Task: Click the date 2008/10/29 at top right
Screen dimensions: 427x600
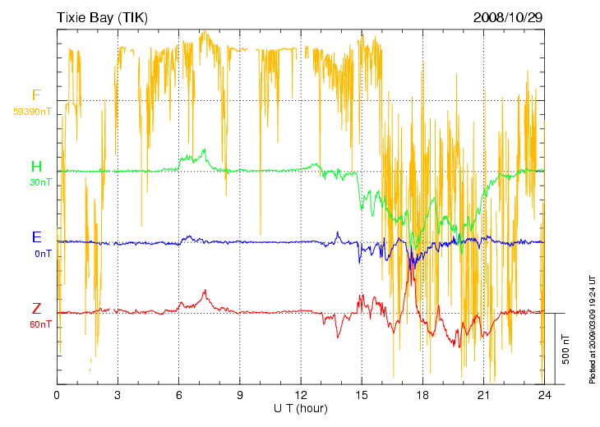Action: point(508,16)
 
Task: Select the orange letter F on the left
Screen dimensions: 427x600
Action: point(36,95)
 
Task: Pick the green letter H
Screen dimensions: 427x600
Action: point(36,168)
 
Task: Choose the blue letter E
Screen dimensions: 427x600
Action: point(36,238)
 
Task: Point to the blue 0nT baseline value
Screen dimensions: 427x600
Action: point(44,254)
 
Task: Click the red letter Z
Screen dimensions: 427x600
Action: point(36,310)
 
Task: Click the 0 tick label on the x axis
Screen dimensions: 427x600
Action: point(57,395)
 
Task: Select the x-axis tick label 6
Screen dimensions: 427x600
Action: point(178,395)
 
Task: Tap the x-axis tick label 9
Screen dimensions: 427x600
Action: point(240,395)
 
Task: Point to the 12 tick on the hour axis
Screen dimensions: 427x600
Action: point(301,395)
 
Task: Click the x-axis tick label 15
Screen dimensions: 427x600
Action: point(362,395)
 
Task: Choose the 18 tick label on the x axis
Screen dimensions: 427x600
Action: point(422,395)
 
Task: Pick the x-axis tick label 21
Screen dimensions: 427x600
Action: point(483,395)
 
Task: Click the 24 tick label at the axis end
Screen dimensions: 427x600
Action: point(544,395)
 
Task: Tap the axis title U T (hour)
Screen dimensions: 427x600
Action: point(301,408)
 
